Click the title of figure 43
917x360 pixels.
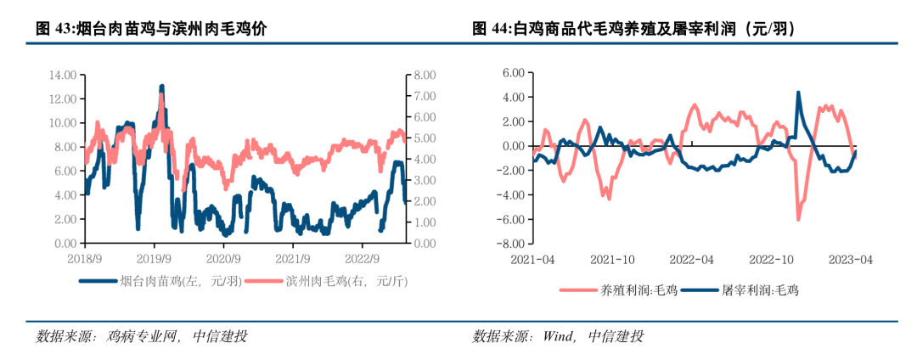click(151, 30)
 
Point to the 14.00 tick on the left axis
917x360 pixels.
click(63, 75)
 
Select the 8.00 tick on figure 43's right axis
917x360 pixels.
click(425, 75)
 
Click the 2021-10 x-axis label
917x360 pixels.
click(614, 258)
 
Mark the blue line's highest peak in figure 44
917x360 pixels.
click(798, 92)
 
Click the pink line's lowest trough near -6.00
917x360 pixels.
click(799, 219)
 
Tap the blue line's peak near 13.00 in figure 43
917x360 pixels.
click(161, 86)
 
